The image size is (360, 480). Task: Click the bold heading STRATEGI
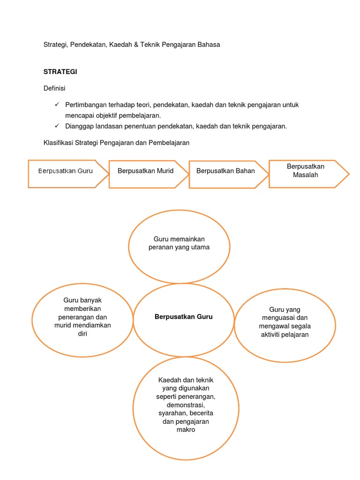(x=60, y=72)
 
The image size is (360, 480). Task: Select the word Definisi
(x=54, y=88)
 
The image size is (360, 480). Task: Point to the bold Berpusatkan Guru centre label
(x=184, y=317)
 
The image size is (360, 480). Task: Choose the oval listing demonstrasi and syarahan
(x=186, y=403)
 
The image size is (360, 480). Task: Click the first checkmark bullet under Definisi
(x=57, y=105)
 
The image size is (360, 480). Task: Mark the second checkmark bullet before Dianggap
(x=57, y=126)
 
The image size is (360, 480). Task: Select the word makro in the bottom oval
(x=186, y=429)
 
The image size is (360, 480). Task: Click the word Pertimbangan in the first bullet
(x=86, y=105)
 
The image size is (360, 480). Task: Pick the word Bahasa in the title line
(x=209, y=45)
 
